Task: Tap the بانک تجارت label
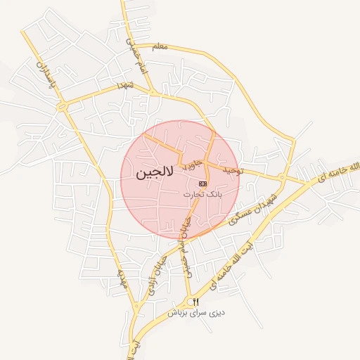click(x=202, y=193)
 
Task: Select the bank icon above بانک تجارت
click(x=203, y=183)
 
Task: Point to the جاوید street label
click(x=193, y=165)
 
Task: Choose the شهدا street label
click(x=129, y=86)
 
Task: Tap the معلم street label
click(x=160, y=46)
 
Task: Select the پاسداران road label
click(x=41, y=68)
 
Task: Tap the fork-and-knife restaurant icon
click(x=196, y=302)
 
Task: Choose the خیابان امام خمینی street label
click(x=183, y=243)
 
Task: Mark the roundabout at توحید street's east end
click(x=281, y=176)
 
